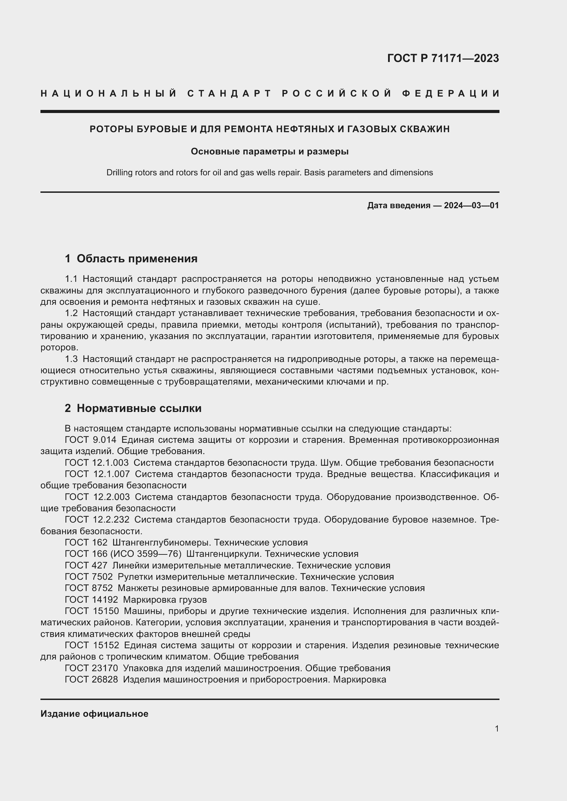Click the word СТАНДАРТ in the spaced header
point(229,93)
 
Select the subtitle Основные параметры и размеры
point(269,151)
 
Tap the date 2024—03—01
point(471,205)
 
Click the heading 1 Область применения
point(131,259)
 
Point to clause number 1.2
point(71,313)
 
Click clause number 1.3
point(71,359)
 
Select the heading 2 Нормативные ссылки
point(133,408)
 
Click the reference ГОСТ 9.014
point(91,440)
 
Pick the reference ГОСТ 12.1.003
point(97,463)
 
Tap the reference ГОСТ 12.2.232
point(97,520)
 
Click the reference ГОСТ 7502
point(89,577)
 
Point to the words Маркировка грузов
point(165,600)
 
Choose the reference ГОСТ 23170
point(91,668)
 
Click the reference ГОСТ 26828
point(91,679)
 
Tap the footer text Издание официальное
point(94,714)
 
